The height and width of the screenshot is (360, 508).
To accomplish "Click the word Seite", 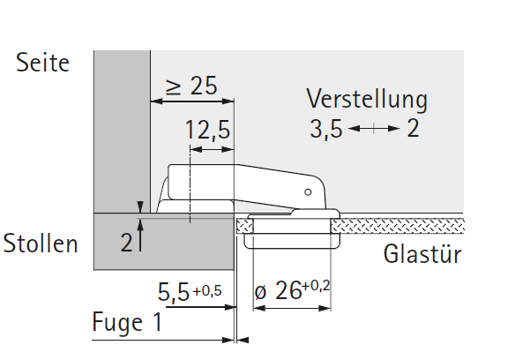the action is [42, 63].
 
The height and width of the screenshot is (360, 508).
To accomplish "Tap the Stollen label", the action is [41, 243].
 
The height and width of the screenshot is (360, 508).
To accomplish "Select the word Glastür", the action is [422, 254].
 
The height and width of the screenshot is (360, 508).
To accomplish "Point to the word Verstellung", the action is [367, 100].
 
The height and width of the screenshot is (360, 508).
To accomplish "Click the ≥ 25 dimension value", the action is [191, 86].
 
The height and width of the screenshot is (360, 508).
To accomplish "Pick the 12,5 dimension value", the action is [207, 131].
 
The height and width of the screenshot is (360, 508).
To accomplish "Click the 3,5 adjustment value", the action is [326, 129].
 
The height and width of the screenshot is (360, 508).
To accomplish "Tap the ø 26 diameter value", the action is [278, 290].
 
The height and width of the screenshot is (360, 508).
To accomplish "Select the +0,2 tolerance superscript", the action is [316, 286].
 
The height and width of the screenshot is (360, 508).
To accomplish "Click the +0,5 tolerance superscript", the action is [207, 290].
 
